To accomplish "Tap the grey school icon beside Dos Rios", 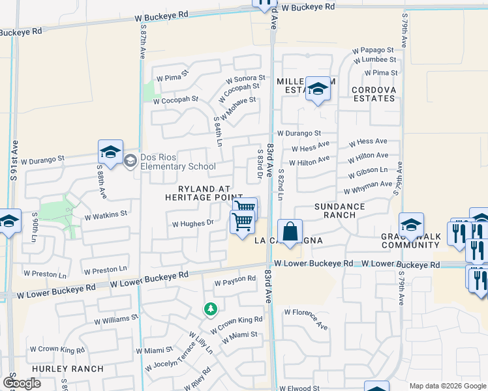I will tap(130, 160).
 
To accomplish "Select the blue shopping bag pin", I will tap(290, 231).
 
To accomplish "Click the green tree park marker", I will tap(210, 309).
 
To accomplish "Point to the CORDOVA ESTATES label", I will tap(373, 94).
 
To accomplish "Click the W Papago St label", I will tap(373, 50).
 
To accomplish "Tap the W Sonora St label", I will tap(245, 78).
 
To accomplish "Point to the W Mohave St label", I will tap(238, 108).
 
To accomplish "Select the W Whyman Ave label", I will tap(369, 188).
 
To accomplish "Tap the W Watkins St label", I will tap(106, 213).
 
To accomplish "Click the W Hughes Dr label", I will tap(192, 223).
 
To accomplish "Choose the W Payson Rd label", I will tap(235, 279).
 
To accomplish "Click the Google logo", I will tap(22, 383).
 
